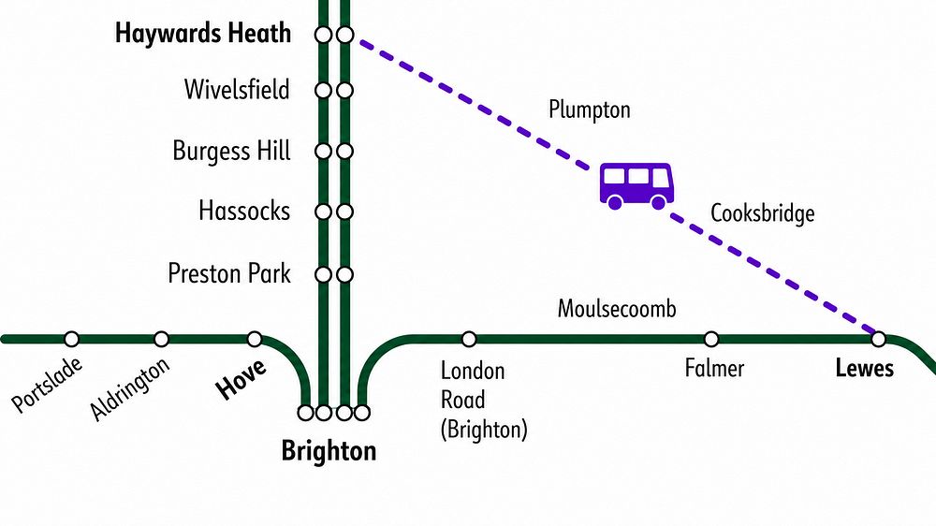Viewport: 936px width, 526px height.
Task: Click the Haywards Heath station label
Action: (x=203, y=34)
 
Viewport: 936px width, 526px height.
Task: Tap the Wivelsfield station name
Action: (x=237, y=90)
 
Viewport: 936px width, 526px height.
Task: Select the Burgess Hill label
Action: (x=231, y=151)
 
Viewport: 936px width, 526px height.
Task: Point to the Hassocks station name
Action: (x=244, y=211)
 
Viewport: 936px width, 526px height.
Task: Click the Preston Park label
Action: (x=229, y=273)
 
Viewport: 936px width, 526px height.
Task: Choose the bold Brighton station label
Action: (x=329, y=451)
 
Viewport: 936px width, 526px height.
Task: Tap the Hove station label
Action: (x=241, y=379)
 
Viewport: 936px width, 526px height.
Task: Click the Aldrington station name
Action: (x=129, y=388)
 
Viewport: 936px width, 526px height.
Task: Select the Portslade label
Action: (x=47, y=385)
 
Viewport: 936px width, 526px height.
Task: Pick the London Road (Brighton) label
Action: (x=484, y=400)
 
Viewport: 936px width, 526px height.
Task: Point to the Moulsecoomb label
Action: (x=617, y=309)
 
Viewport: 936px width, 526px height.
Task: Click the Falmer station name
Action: (x=714, y=368)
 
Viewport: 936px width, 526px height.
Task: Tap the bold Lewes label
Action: (x=864, y=368)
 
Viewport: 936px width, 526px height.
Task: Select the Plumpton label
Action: (x=589, y=110)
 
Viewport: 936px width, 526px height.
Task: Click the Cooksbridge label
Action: (x=762, y=213)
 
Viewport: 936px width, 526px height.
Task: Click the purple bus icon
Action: (x=636, y=185)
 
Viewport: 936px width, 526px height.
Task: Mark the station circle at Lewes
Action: (x=878, y=339)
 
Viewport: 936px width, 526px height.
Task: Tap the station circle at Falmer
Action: (x=711, y=339)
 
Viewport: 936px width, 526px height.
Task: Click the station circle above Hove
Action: (x=255, y=339)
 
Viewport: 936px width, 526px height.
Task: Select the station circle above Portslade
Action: (x=72, y=339)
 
